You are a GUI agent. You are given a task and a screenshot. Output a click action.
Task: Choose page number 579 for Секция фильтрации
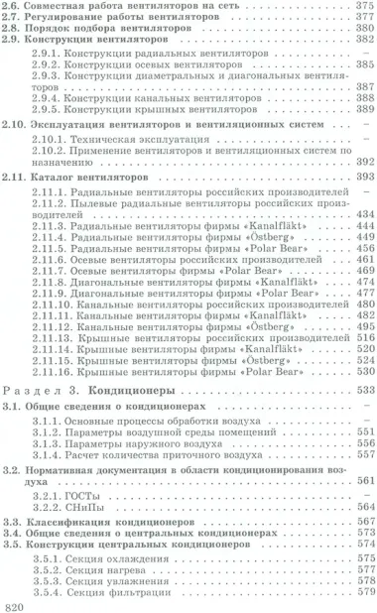click(358, 592)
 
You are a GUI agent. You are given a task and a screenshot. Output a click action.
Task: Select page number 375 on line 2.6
click(358, 8)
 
